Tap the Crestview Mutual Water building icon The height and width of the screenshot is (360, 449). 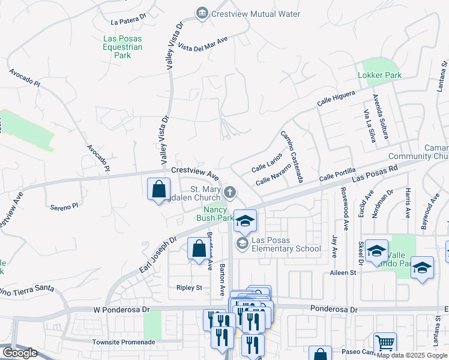coord(202,13)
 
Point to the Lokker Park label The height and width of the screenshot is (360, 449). coord(379,76)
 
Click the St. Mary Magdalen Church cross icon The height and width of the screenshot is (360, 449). coord(229,193)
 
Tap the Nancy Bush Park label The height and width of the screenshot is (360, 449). coord(215,214)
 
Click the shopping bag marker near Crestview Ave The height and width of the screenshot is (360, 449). coord(158,190)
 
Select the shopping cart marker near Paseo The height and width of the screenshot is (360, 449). coord(385,343)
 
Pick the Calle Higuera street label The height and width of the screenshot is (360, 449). coord(336,98)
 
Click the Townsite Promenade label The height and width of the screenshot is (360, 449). coord(124,342)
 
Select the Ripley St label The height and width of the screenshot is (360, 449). coord(189,288)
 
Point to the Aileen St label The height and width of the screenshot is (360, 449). coord(343,272)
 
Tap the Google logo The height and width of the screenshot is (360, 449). coord(20,353)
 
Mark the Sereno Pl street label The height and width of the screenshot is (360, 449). coord(64,206)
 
